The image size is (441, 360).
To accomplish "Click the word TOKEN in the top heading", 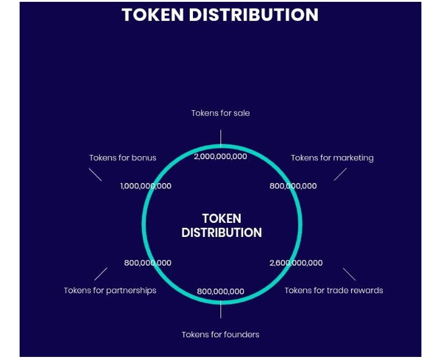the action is coord(153,15).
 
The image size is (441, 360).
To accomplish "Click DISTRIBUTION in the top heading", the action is coord(254,15).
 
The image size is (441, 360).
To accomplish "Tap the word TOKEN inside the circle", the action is coord(222,219).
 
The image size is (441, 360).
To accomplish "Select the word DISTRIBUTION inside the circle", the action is coord(222,233).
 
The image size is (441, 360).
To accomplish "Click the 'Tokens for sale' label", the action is coord(221,113).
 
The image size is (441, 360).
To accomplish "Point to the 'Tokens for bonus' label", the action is coord(123,158).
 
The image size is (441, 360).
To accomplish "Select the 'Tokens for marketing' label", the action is coord(332,158).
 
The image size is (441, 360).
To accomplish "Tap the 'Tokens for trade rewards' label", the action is coord(334,290).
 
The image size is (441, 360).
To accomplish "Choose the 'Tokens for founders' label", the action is coord(221,334).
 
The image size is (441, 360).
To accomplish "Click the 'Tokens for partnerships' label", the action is coord(110,291).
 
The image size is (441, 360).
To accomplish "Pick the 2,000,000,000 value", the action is coord(221,157).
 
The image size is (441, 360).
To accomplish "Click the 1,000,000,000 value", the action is coord(146,186).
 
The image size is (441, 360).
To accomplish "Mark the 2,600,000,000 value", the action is coord(296,263).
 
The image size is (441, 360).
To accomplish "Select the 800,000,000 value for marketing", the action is coord(293,186).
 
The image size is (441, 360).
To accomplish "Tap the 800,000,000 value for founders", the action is coord(221,291).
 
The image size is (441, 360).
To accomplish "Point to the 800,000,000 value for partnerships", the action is coord(148,263).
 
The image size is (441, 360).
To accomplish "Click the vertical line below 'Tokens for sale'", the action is coord(221,138).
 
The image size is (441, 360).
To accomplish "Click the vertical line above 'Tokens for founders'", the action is coord(221,309).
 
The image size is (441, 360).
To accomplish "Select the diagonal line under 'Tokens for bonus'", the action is coord(96,174).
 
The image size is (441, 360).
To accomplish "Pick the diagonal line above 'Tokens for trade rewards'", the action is coord(349,274).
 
